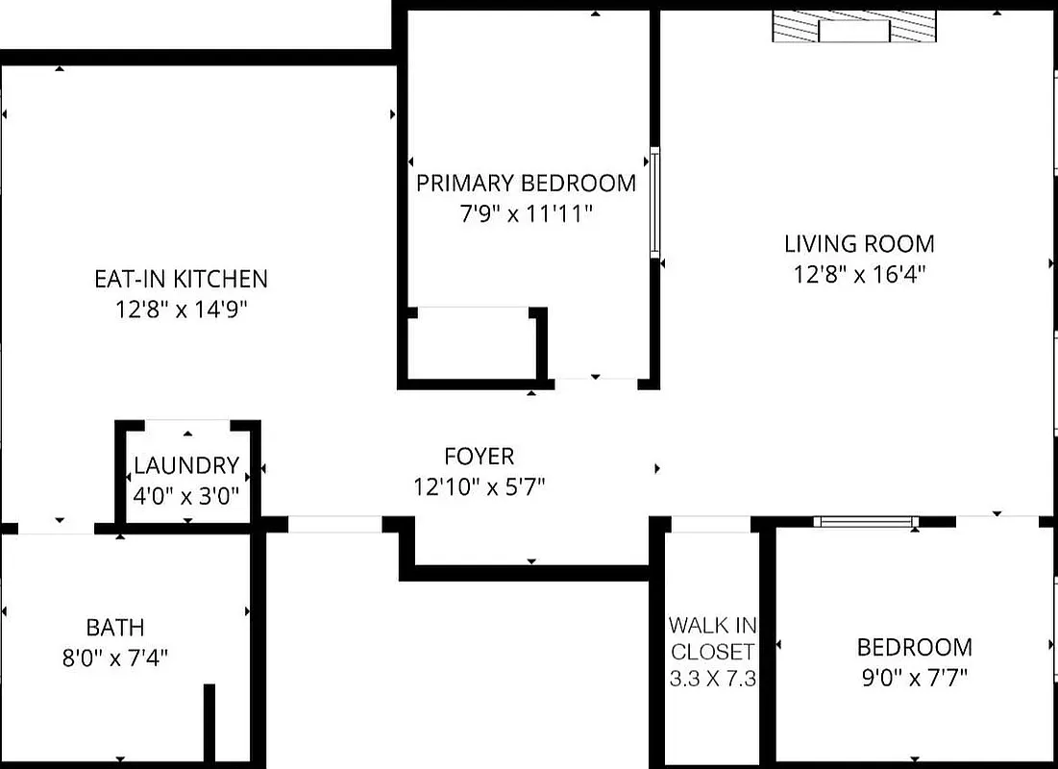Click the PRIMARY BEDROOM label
coord(526,183)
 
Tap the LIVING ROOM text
coord(859,243)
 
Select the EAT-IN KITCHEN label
coord(181,279)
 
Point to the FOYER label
coord(479,456)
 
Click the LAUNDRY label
coord(186,466)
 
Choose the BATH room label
coord(115,628)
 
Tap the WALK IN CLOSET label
coord(712,637)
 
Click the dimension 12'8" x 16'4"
coord(859,275)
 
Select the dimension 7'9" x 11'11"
coord(526,213)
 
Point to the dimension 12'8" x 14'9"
coord(181,310)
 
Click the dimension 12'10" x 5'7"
coord(479,487)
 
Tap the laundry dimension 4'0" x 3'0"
coord(186,497)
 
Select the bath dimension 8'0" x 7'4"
coord(115,658)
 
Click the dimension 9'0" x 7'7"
coord(914,677)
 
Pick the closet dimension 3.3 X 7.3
coord(712,679)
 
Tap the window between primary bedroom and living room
coord(655,202)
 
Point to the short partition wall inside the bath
coord(209,722)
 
